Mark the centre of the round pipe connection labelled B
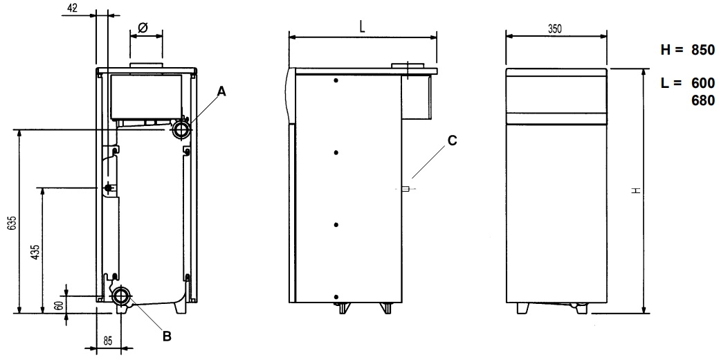121,296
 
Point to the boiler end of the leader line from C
412,178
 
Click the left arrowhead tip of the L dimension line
289,38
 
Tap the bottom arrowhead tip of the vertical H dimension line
644,313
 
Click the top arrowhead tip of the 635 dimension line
19,130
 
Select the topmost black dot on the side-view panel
336,81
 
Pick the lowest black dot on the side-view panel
336,297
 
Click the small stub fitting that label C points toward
406,188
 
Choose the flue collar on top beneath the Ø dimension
146,66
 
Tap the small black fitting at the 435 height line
109,187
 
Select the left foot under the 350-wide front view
522,308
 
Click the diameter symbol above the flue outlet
143,28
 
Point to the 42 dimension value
71,8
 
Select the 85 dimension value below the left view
107,341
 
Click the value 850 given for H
703,50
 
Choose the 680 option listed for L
703,100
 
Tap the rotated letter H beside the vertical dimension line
635,190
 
